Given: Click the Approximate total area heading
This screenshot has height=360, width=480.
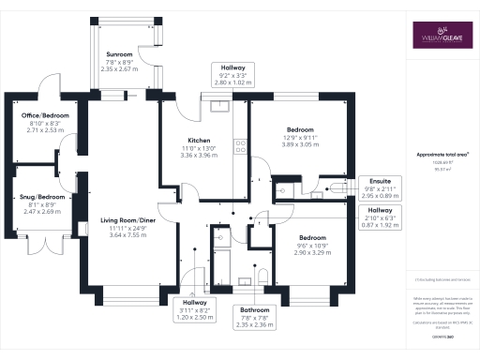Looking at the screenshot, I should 442,154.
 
